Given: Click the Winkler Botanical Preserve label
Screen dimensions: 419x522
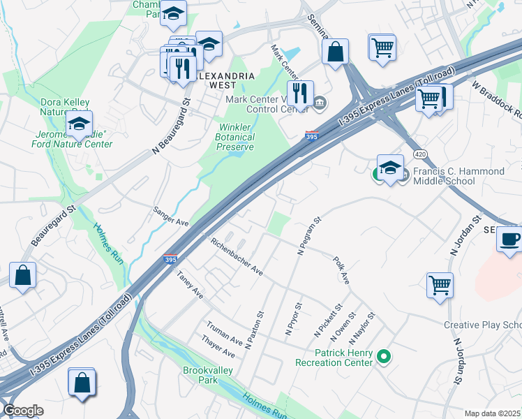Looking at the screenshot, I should click(x=236, y=137).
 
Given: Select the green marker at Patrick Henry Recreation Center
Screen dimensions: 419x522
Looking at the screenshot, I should click(x=383, y=358).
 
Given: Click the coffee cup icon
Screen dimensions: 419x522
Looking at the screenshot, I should click(x=509, y=239).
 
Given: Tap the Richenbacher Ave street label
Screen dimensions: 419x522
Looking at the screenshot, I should click(x=237, y=256).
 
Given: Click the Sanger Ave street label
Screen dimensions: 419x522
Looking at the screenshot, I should click(x=172, y=216).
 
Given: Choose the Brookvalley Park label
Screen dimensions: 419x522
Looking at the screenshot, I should click(x=201, y=375).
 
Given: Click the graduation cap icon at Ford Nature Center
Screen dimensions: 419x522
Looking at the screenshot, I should click(x=80, y=124).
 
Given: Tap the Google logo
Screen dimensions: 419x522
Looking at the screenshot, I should click(x=23, y=411).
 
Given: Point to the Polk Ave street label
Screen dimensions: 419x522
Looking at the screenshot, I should click(x=341, y=270).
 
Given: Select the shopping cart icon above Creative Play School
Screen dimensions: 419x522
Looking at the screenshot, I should click(x=440, y=284).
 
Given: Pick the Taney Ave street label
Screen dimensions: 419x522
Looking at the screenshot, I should click(x=189, y=285).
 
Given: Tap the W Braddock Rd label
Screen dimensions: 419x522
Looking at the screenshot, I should click(x=496, y=98).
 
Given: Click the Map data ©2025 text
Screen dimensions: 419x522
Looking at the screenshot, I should click(x=492, y=413).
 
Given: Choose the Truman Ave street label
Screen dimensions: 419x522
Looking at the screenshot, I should click(x=223, y=334).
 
